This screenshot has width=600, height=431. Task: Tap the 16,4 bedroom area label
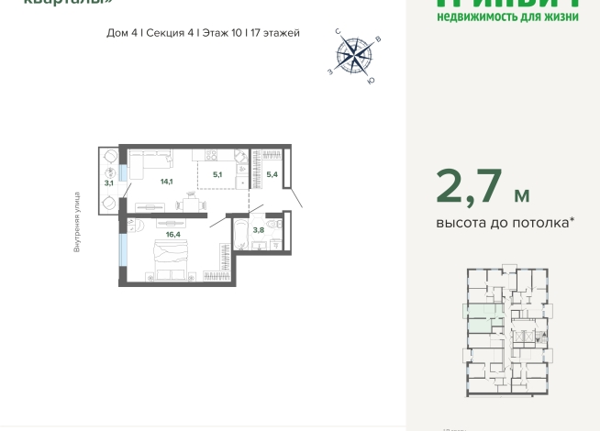[x=172, y=234]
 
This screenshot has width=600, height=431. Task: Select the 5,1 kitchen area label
[x=217, y=172]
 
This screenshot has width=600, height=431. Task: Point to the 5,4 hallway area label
[x=271, y=172]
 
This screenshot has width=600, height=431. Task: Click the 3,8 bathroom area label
[x=259, y=229]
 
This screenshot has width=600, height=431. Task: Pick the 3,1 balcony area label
[x=108, y=183]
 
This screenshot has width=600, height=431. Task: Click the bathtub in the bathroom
[x=239, y=234]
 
